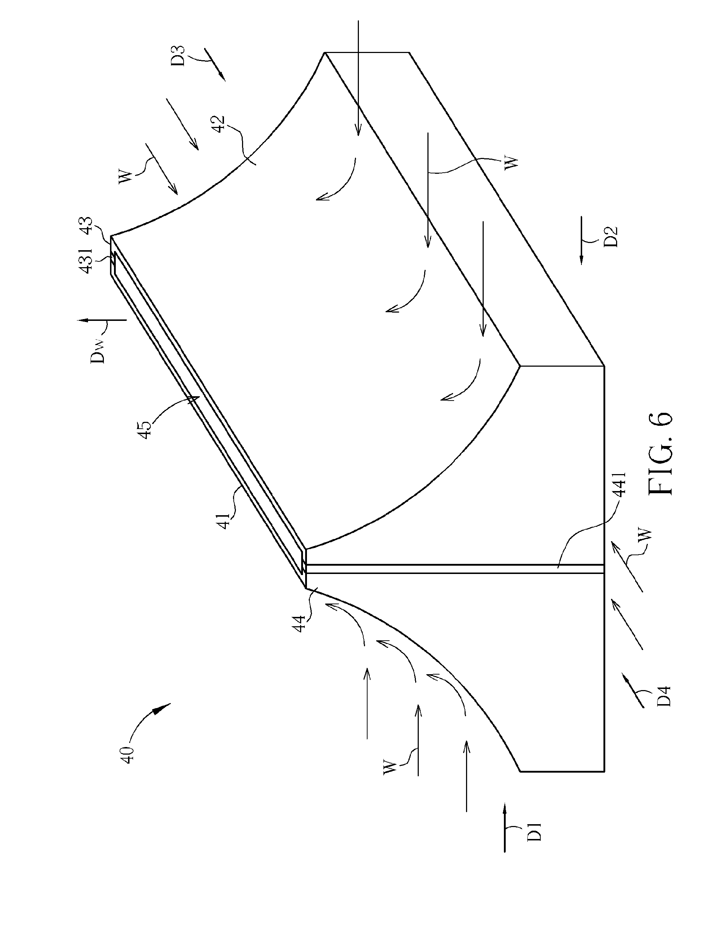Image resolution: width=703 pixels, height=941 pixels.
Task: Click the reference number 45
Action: (x=145, y=429)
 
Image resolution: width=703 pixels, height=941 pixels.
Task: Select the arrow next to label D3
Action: (x=215, y=63)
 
